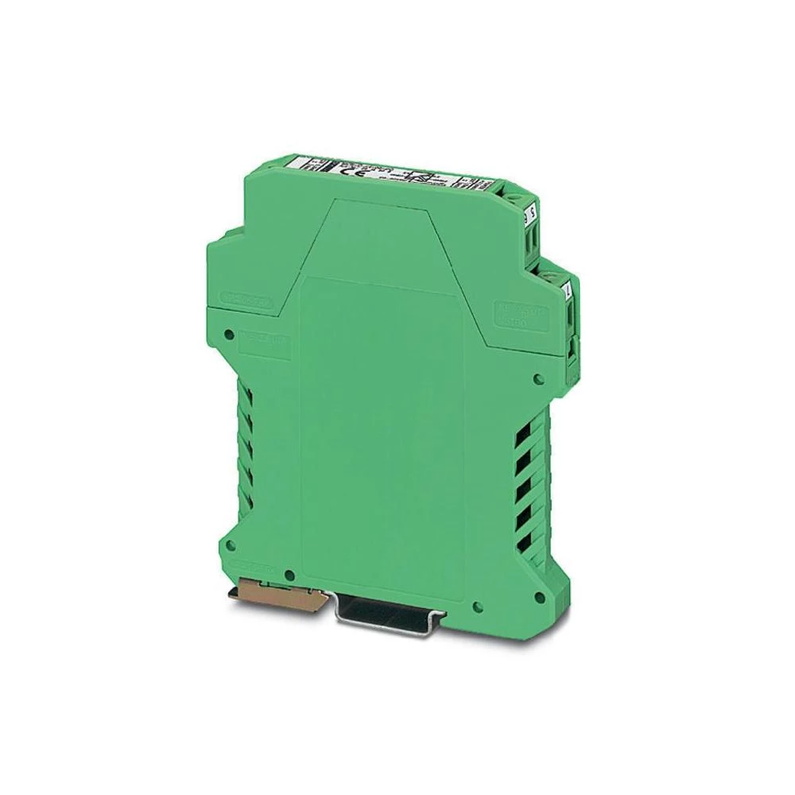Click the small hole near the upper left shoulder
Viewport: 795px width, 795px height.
pos(230,334)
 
